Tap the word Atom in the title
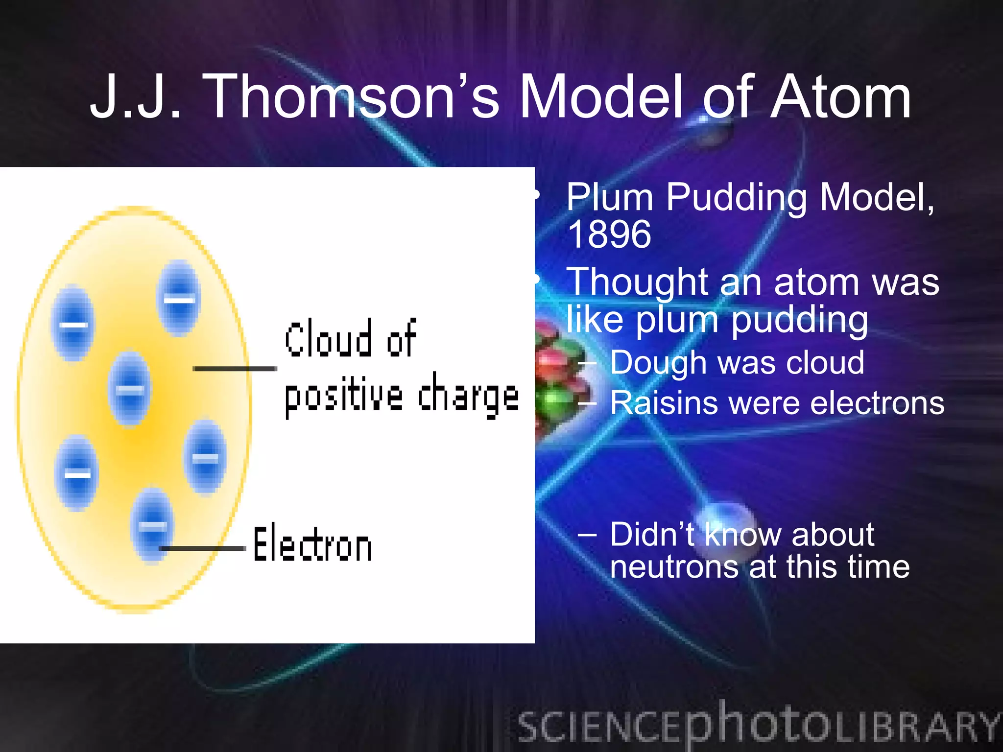pos(840,96)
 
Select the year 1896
pos(609,235)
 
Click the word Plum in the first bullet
pos(610,197)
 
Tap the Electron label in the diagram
pos(312,543)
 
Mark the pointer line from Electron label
pos(203,548)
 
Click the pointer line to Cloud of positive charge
pos(235,368)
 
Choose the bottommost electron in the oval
pos(152,525)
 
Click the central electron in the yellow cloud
pos(130,389)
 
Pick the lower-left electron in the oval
pos(77,473)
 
